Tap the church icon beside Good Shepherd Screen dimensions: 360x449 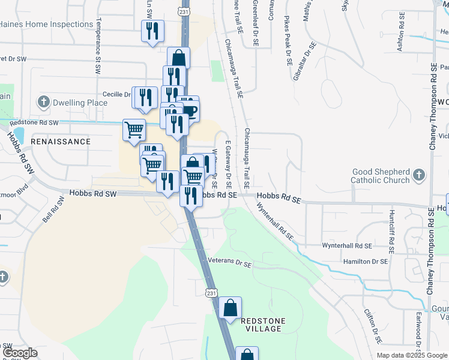point(419,176)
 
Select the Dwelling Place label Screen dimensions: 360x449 point(80,103)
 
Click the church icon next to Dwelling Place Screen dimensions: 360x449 point(43,102)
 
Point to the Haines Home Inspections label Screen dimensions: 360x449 point(47,25)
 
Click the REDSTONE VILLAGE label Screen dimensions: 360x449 point(261,325)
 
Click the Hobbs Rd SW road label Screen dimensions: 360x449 point(93,194)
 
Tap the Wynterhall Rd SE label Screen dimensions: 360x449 point(347,246)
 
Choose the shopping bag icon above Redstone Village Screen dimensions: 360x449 point(230,308)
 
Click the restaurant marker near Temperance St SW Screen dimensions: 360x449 point(152,31)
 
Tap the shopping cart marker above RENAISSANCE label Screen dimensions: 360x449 point(134,129)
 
